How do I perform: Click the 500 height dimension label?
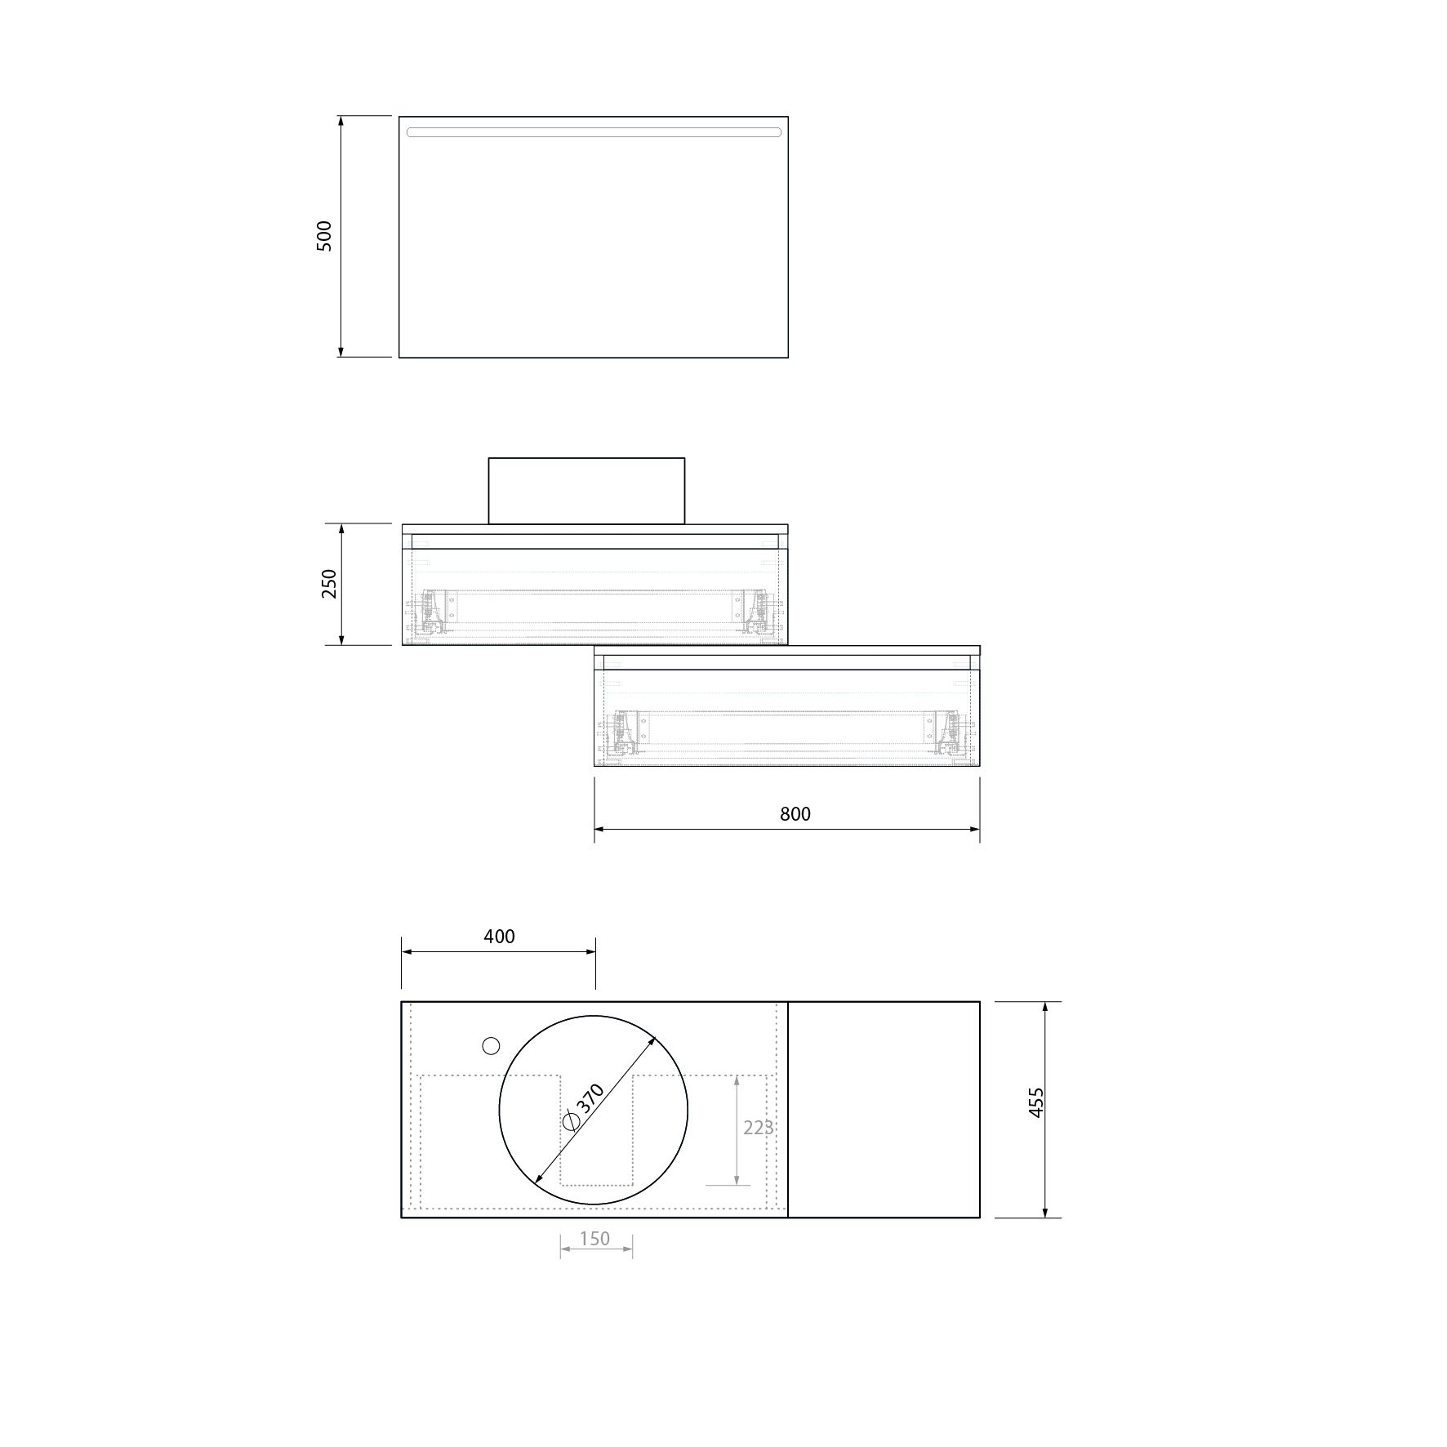324,236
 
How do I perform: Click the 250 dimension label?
328,584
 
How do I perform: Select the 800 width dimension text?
795,814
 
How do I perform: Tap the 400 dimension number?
499,937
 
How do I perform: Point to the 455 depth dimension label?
1036,1102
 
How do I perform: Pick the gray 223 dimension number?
758,1128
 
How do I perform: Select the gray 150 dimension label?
594,1239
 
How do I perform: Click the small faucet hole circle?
491,1045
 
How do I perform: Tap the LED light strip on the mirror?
594,132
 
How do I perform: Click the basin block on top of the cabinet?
586,491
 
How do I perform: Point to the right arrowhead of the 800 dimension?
974,830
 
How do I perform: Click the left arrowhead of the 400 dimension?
407,951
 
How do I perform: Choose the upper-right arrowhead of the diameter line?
652,1041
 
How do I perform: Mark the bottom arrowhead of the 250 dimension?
341,639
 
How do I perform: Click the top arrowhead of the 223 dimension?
737,1080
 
